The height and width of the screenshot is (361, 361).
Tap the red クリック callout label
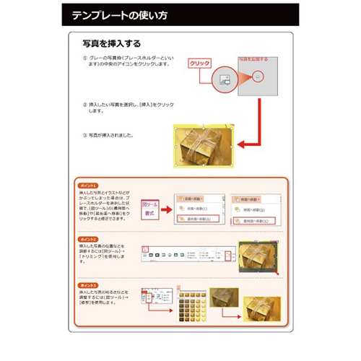pos(199,64)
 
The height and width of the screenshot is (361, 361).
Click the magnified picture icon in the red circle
pos(261,76)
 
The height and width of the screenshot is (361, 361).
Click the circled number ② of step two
pos(85,105)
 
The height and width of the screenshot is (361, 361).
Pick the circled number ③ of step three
pos(85,135)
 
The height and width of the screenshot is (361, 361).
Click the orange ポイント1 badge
pos(89,186)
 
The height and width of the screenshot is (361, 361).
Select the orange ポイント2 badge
pos(89,238)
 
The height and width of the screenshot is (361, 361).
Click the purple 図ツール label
pos(151,204)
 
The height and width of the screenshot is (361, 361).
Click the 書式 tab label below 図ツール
pos(151,214)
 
